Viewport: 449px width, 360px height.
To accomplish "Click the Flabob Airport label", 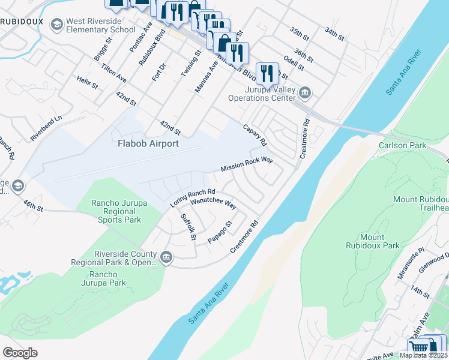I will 148,143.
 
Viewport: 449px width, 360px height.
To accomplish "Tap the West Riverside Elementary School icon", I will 57,25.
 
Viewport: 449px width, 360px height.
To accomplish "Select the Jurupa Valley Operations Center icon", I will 305,92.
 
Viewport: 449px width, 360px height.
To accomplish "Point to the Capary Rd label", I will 255,135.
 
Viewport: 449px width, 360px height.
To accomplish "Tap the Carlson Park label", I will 402,145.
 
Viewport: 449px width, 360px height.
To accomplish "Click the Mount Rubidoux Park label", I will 372,241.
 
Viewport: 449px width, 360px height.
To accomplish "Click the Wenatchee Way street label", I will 213,202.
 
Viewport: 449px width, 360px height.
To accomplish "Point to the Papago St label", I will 220,232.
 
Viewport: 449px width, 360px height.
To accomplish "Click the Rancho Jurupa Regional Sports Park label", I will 116,211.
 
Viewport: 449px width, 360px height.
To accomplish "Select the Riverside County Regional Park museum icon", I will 166,259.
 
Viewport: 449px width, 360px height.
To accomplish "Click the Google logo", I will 20,352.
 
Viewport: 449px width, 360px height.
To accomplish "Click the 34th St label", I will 334,34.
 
